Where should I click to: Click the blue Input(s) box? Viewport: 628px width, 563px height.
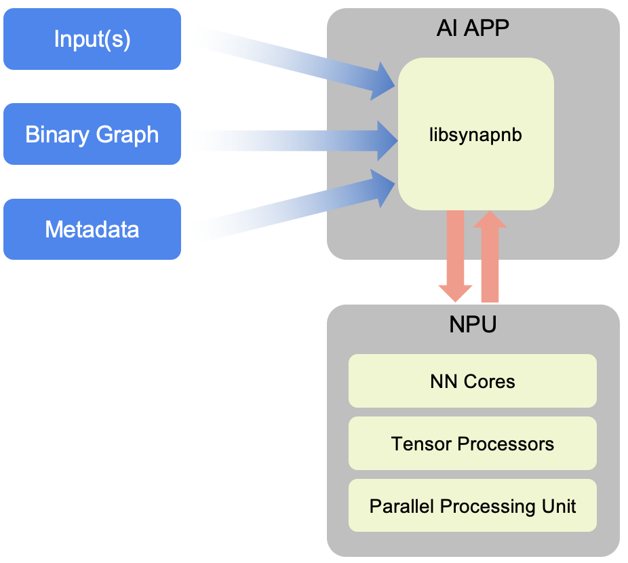pos(92,39)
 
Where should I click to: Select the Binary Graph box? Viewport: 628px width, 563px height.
pos(92,134)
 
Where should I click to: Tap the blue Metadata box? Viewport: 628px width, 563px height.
pos(92,229)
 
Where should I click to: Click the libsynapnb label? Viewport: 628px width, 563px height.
pos(475,134)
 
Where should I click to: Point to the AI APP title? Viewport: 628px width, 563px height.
pos(473,28)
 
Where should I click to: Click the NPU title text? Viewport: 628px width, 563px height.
pos(473,324)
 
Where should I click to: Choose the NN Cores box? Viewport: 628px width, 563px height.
pos(473,381)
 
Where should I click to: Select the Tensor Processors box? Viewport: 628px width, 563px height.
pos(473,444)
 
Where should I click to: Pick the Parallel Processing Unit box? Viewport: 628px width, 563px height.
pos(473,506)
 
